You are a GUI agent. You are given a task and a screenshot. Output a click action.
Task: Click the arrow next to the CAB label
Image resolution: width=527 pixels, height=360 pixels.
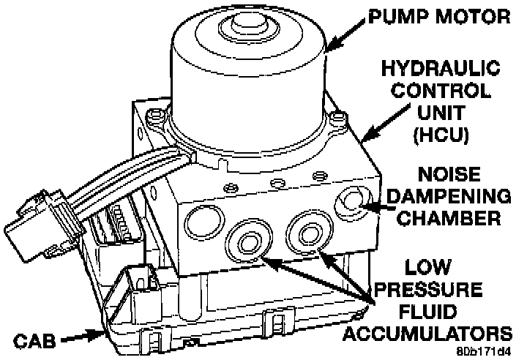tap(83, 337)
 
